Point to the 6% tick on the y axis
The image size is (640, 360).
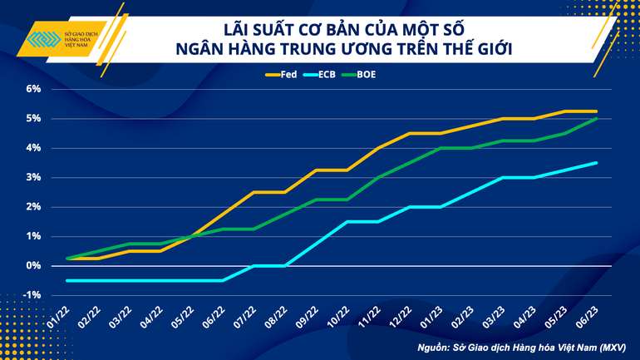tap(33, 89)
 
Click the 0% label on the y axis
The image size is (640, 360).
tap(33, 266)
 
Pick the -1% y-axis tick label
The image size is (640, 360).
tap(32, 295)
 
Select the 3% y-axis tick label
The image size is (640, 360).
tap(33, 177)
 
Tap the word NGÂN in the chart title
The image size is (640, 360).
tap(199, 50)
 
